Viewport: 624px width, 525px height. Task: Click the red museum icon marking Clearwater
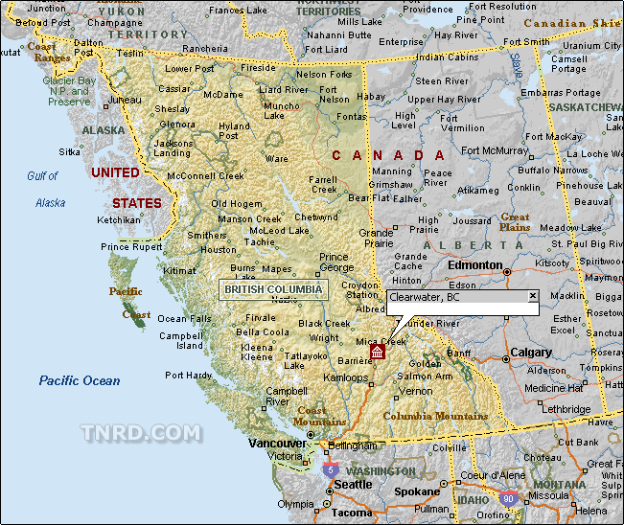point(378,354)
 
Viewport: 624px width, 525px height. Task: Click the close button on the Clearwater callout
point(533,296)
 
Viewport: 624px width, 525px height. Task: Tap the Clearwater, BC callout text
point(425,298)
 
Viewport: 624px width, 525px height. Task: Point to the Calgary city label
point(530,353)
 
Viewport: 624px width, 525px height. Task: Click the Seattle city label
point(353,485)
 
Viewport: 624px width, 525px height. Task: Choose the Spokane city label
point(417,491)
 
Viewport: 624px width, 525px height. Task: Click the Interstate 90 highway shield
point(507,499)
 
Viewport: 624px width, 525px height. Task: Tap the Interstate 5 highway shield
point(330,469)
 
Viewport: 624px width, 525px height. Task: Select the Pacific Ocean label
point(80,381)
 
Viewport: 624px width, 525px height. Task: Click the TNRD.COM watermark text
point(141,434)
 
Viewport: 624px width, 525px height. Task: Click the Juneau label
point(125,100)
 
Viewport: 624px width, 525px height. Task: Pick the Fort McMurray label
point(494,150)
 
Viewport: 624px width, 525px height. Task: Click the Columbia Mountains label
point(435,417)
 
